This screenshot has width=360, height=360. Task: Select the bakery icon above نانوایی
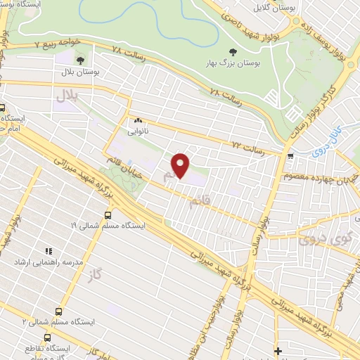138,120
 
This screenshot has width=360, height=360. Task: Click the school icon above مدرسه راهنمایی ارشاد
49,250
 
